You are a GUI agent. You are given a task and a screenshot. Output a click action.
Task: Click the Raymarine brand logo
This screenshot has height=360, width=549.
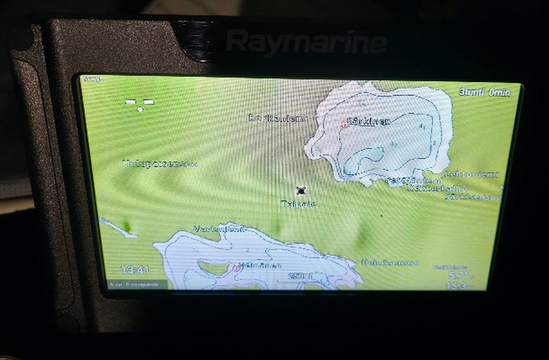pos(306,42)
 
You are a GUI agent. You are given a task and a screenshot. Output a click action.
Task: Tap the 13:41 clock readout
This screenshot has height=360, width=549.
pos(135,270)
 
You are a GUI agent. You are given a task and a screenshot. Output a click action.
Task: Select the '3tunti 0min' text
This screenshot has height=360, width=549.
pos(484,92)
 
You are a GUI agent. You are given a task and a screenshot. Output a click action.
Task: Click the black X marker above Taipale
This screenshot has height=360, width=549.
pos(300,191)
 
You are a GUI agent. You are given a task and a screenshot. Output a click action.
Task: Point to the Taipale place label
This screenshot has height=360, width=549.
pos(298,203)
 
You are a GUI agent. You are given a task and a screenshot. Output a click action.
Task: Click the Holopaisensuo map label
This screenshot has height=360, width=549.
pos(160,164)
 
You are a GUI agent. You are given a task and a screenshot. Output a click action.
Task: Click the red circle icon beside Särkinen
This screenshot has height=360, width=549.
pos(345,124)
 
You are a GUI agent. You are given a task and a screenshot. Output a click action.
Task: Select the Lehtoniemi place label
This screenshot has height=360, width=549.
pos(472,174)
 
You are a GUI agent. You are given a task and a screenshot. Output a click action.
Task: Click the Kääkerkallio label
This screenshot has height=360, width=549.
pos(437,188)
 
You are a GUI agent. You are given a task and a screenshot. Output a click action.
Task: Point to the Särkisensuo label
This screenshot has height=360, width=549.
pos(473,197)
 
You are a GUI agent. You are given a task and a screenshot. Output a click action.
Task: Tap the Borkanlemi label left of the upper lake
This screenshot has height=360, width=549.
pos(278,118)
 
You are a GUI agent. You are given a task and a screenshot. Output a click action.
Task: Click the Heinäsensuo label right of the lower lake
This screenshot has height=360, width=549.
pos(390,263)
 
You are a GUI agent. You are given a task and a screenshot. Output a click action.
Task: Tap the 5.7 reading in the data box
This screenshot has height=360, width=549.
pos(458,275)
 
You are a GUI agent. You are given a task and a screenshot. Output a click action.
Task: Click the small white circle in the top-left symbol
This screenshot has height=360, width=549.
pos(140,109)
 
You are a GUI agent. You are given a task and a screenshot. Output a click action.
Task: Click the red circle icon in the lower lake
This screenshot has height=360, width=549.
pos(236,267)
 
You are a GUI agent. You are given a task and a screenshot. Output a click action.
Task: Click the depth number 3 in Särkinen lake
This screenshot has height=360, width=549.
pos(434,143)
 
